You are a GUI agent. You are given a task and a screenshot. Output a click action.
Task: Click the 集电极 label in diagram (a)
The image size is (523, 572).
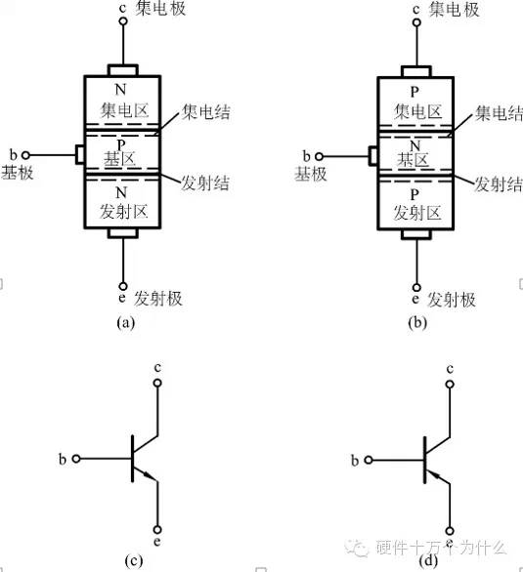click(162, 11)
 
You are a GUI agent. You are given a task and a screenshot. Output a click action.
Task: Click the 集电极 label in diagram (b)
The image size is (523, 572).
click(457, 11)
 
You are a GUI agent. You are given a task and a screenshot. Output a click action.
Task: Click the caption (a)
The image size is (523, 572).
click(124, 320)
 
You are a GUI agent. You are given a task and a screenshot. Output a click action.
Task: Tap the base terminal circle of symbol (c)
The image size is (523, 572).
click(77, 457)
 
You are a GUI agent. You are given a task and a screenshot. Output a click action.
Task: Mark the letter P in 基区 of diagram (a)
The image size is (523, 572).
click(123, 144)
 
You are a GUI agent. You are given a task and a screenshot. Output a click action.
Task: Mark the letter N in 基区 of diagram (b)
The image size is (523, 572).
click(417, 144)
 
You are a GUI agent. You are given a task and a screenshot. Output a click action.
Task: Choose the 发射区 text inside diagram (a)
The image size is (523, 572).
click(123, 210)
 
